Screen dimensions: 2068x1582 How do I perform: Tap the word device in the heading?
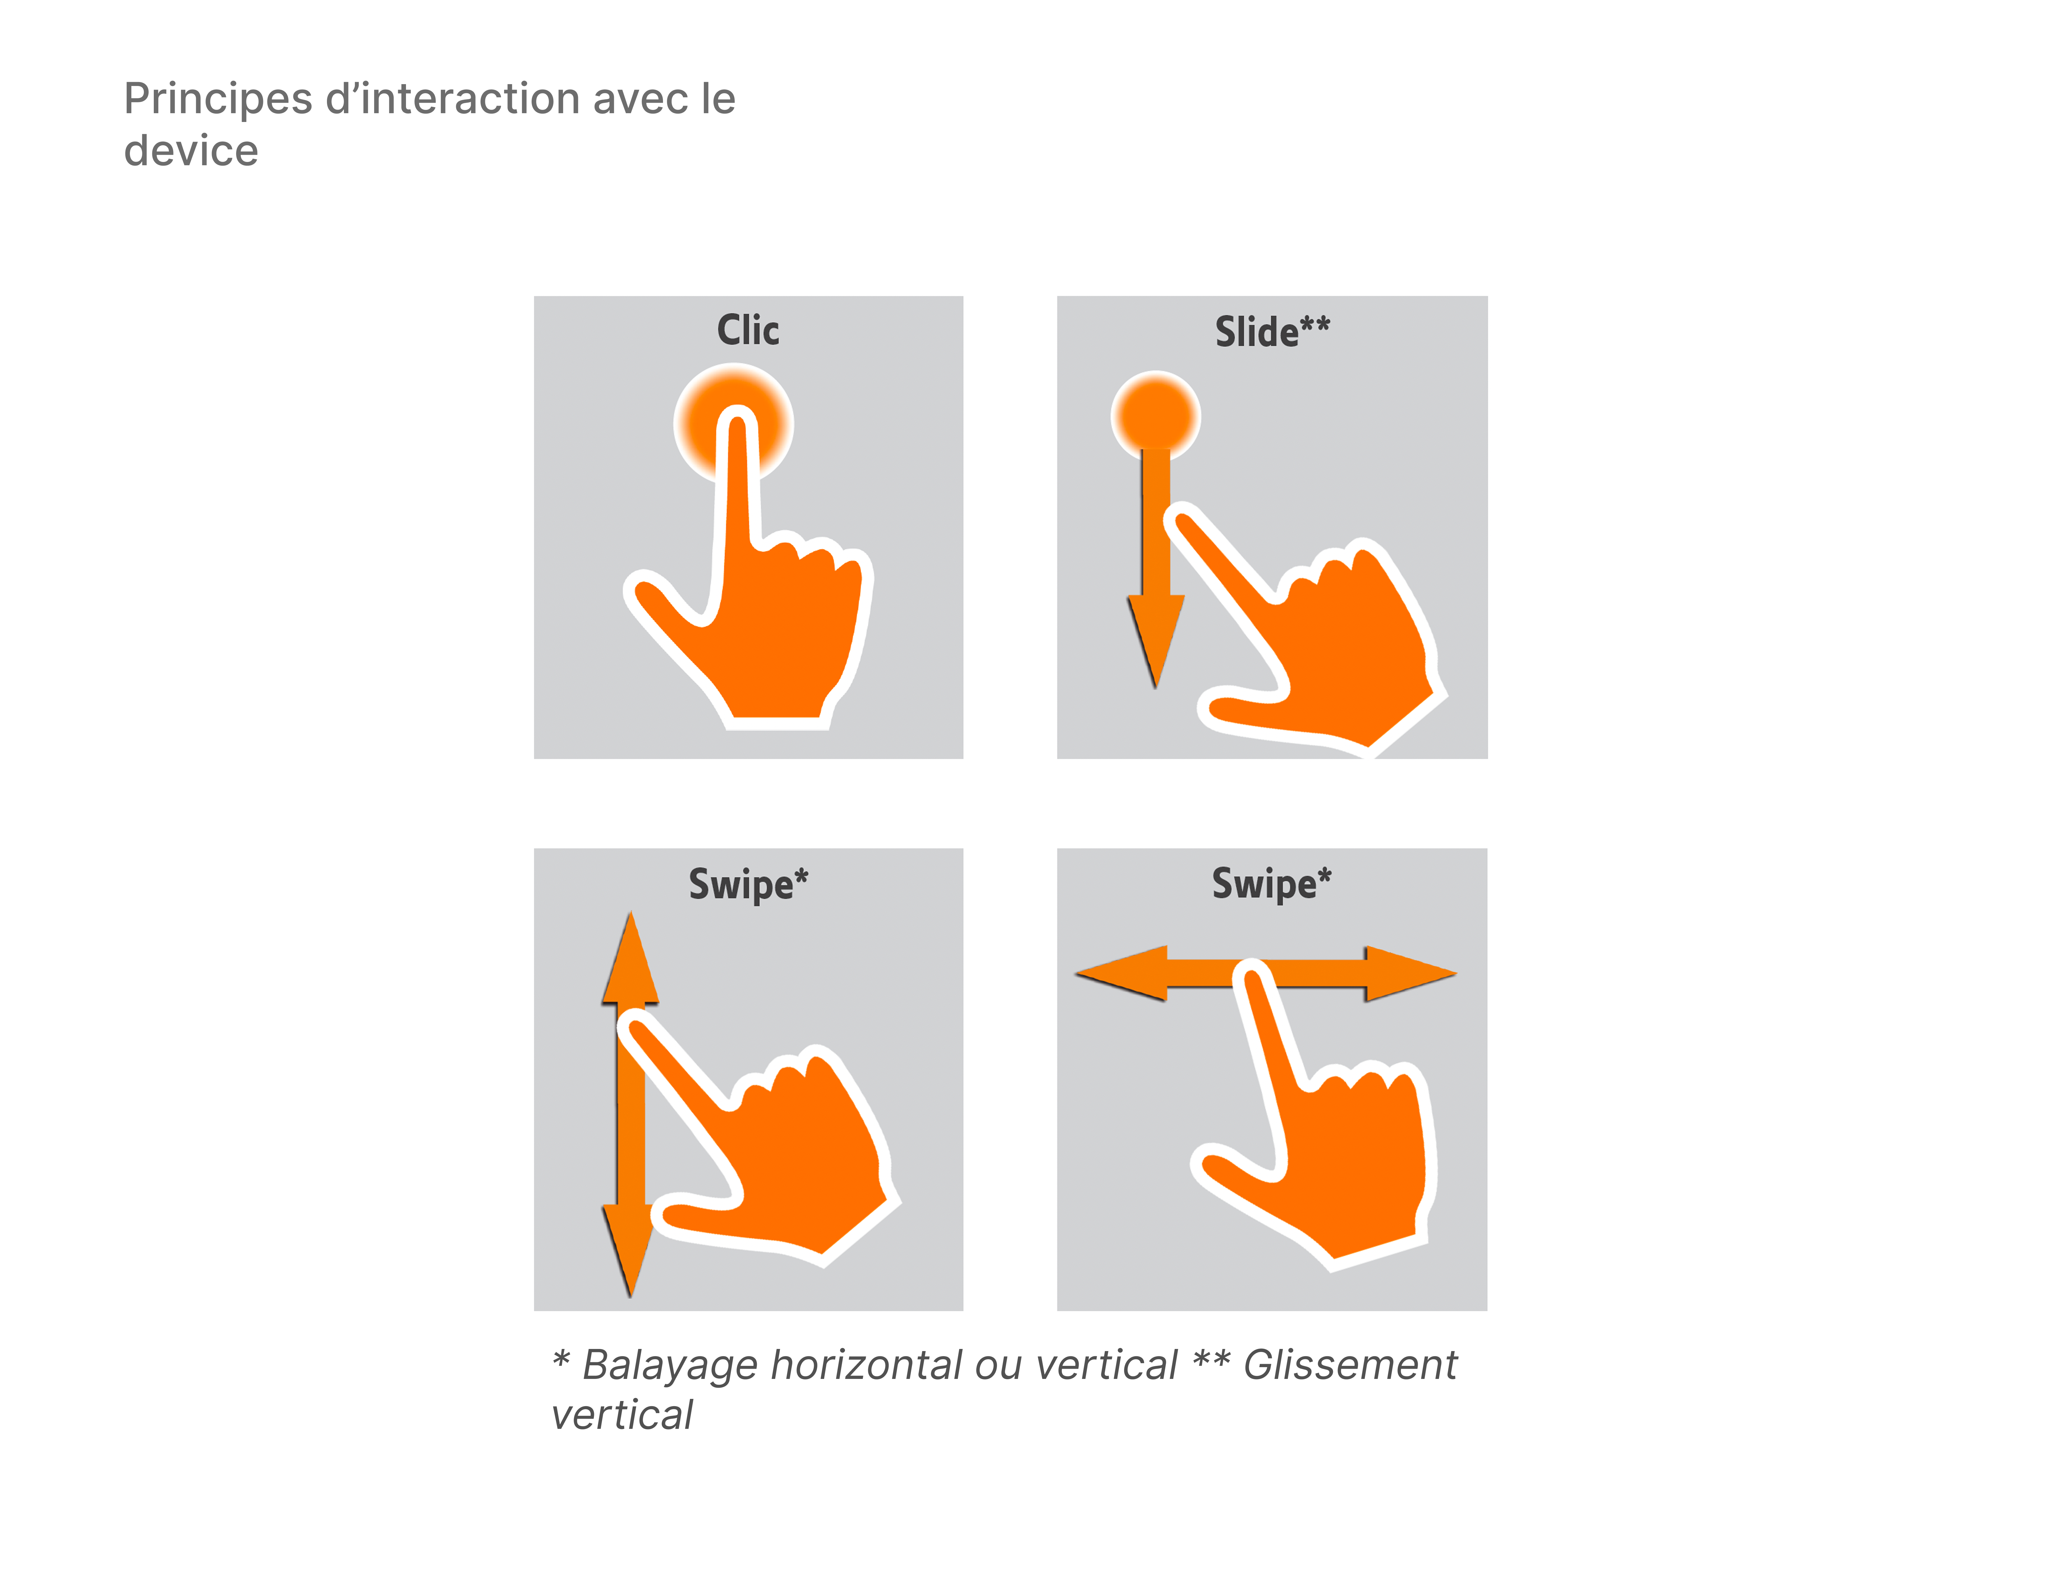tap(191, 151)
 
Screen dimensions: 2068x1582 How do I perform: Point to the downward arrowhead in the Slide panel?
tap(1156, 636)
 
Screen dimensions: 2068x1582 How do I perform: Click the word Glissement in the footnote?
tap(1350, 1365)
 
